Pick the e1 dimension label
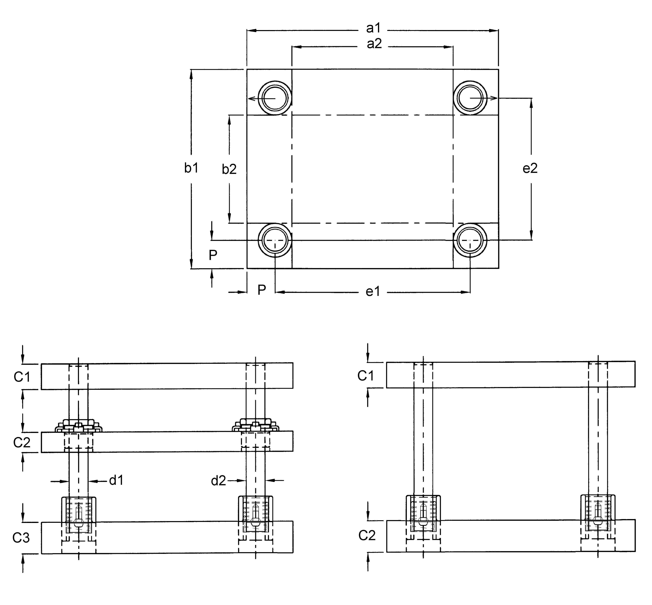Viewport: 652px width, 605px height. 373,291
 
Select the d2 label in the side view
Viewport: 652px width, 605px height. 218,481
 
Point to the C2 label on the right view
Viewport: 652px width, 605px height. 367,535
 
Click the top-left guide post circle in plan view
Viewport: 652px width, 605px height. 275,98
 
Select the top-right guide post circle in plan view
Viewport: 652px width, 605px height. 470,98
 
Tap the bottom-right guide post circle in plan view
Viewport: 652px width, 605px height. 470,240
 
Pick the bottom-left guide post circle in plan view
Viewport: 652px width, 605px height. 275,240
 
